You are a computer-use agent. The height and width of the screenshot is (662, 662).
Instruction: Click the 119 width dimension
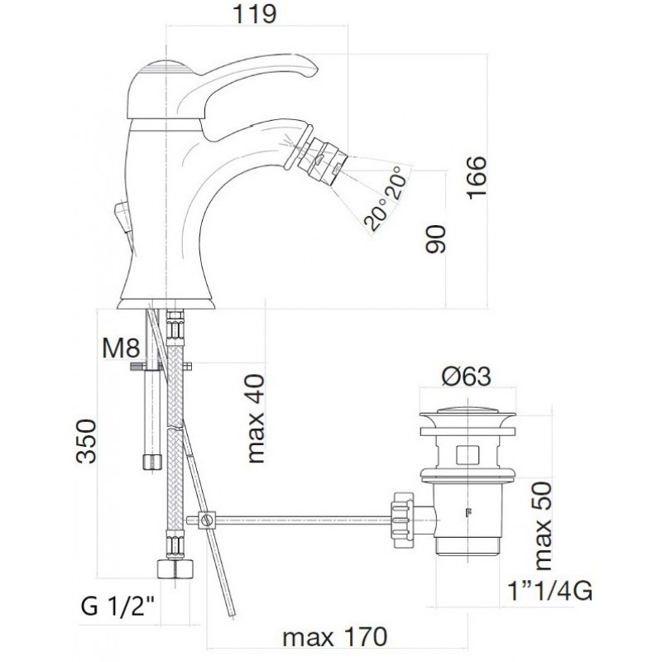click(x=255, y=14)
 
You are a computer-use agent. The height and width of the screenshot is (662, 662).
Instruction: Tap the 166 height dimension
click(x=477, y=176)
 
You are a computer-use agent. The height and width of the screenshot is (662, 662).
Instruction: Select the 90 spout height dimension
click(x=435, y=239)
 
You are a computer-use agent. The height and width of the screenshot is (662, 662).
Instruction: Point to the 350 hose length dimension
click(x=86, y=441)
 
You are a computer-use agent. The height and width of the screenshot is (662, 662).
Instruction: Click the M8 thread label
click(x=121, y=348)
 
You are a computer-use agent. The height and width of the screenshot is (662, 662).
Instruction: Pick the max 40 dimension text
click(x=257, y=419)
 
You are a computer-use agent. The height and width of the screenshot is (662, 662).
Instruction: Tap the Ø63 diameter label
click(x=467, y=376)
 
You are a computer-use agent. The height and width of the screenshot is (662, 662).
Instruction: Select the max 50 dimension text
click(x=543, y=526)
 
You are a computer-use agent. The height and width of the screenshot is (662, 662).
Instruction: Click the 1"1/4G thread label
click(x=549, y=591)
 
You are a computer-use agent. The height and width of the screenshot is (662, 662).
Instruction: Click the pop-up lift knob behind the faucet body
click(x=123, y=216)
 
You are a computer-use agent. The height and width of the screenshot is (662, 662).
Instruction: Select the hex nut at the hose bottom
click(x=175, y=568)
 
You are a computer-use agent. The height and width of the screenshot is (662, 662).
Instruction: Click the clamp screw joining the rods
click(x=207, y=520)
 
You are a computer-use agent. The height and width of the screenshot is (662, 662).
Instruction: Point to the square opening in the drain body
click(x=468, y=453)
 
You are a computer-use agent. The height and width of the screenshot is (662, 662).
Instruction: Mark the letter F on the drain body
click(x=468, y=513)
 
